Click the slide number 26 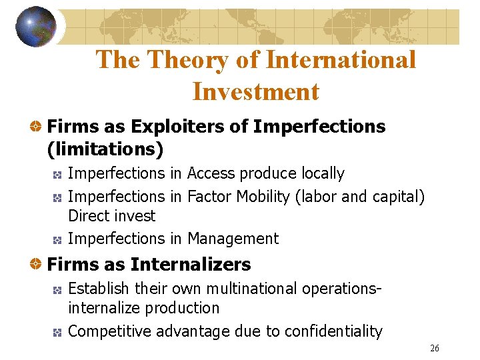pos(435,349)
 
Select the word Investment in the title pos(256,91)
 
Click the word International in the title pos(341,60)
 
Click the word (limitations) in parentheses pos(105,149)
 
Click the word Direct pos(89,216)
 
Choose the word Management pos(233,238)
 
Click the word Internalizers pos(191,265)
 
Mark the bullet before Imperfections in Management pos(58,239)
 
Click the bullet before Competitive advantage pos(58,331)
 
